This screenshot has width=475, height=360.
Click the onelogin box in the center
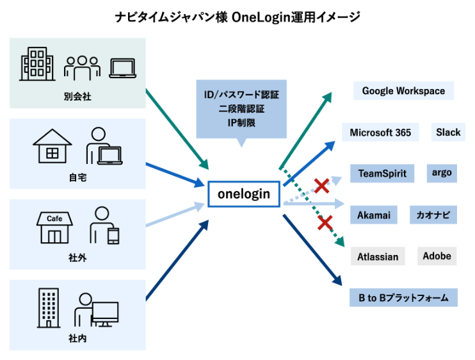point(244,193)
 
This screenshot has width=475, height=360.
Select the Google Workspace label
point(403,91)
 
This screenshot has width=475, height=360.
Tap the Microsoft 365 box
point(380,133)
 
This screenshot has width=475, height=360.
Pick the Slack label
point(448,132)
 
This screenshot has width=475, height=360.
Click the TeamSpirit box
point(382,174)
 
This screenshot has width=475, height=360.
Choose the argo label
point(442,173)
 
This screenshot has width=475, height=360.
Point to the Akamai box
point(374,215)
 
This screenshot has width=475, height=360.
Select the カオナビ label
point(433,215)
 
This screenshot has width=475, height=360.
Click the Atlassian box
point(378,257)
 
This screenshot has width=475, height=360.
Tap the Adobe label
point(437,256)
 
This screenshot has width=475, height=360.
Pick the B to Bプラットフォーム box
point(403,298)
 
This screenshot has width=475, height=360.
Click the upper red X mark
point(321,186)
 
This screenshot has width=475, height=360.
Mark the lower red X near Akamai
point(325,222)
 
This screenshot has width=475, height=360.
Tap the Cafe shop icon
point(54,227)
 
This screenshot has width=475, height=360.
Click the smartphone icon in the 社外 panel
point(113,235)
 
